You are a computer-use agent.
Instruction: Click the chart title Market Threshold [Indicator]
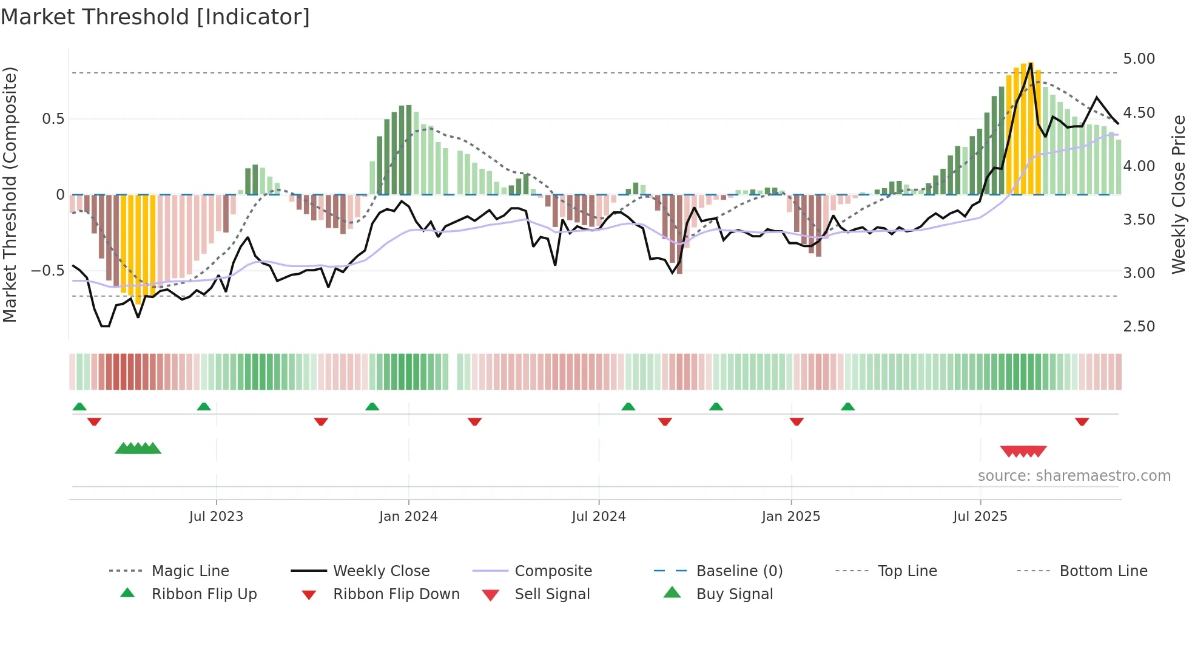(155, 17)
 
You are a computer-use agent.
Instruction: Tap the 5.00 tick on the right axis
(1139, 59)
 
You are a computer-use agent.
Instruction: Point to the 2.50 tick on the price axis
(1139, 327)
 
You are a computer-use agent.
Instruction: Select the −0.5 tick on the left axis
(47, 271)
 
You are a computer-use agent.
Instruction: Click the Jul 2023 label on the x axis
(216, 517)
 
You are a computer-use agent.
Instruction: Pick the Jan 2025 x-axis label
(790, 517)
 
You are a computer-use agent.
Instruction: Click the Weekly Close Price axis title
(1178, 194)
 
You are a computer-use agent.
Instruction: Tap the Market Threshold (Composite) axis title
(10, 194)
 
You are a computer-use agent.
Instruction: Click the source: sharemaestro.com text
(1074, 476)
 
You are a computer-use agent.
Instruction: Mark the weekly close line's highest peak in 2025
(1031, 63)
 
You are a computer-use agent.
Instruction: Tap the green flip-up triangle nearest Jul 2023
(204, 407)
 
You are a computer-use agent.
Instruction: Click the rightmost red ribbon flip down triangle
(1082, 421)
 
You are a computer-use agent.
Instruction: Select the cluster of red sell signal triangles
(1023, 451)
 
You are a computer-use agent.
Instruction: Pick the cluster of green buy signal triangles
(138, 449)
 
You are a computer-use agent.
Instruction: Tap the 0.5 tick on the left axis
(53, 119)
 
